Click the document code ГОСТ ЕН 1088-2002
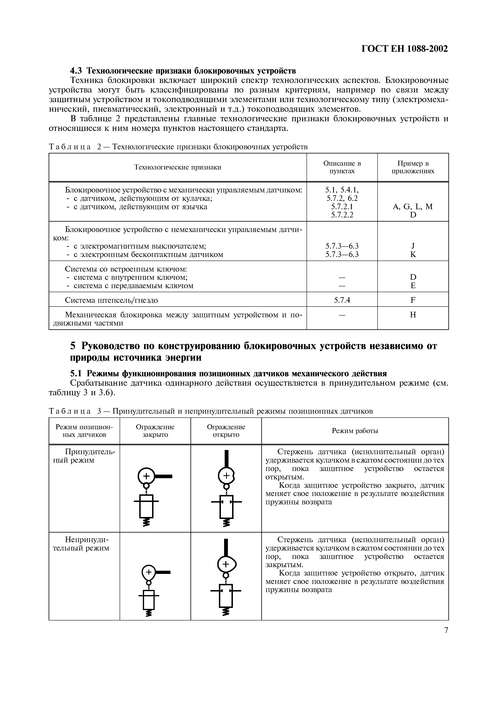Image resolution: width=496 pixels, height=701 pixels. click(x=405, y=49)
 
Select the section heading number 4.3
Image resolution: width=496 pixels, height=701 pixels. click(x=76, y=71)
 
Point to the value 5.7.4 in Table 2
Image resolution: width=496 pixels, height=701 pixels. click(x=342, y=300)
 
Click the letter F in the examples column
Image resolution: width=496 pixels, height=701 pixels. click(x=413, y=300)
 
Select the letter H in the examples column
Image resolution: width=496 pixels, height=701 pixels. click(x=413, y=315)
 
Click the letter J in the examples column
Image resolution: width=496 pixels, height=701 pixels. click(x=413, y=246)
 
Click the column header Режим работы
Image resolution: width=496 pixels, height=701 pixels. click(x=355, y=431)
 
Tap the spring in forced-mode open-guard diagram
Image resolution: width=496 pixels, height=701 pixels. click(x=226, y=523)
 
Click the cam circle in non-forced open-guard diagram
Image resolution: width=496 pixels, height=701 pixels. click(x=226, y=565)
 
